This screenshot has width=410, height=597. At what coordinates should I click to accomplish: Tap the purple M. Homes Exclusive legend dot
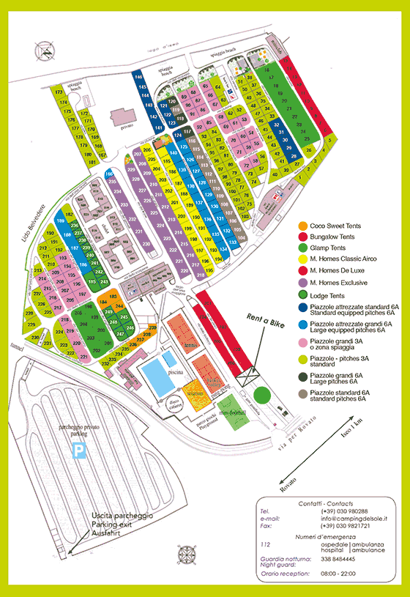coord(303,282)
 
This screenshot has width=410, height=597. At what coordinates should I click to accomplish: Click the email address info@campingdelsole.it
coord(355,519)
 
